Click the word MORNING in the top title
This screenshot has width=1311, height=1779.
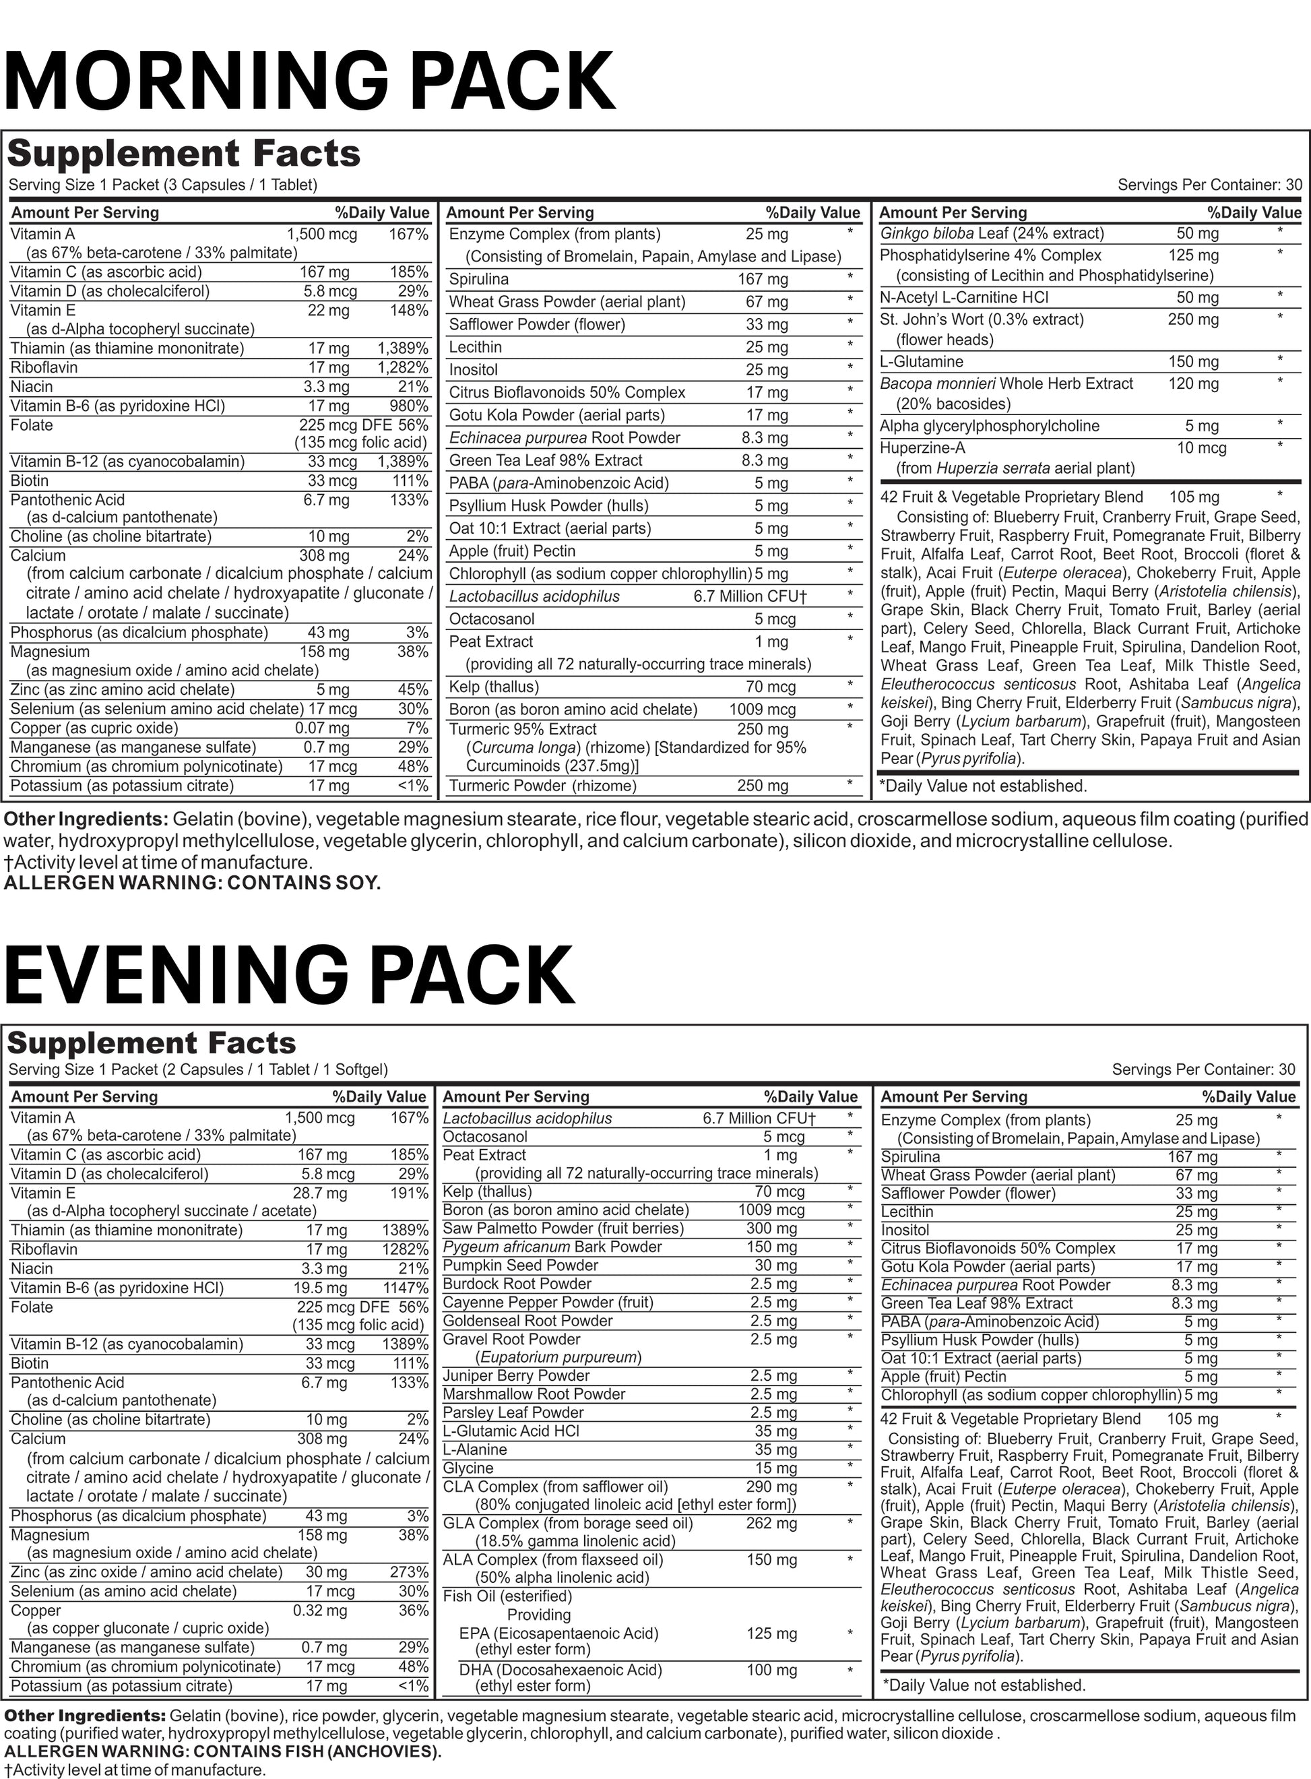[x=197, y=81]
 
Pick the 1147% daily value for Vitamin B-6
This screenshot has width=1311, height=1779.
[x=407, y=1288]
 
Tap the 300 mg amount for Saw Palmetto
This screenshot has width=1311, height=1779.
[x=771, y=1228]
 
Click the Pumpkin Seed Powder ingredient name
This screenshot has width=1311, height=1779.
[x=520, y=1266]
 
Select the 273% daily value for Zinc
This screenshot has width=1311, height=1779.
[x=410, y=1572]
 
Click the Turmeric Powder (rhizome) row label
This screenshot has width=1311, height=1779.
[x=543, y=786]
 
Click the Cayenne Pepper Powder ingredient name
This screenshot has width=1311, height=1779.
[x=548, y=1302]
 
